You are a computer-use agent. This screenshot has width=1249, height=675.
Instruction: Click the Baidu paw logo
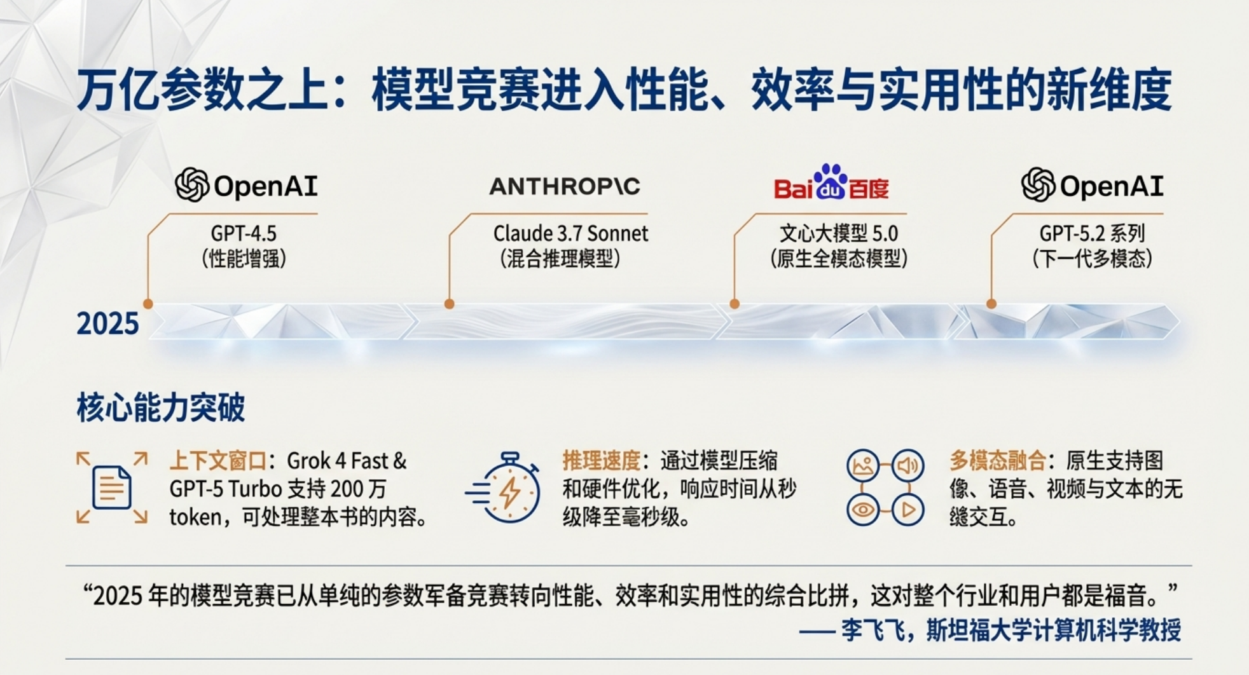(831, 182)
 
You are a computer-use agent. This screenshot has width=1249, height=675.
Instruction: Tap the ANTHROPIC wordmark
(565, 186)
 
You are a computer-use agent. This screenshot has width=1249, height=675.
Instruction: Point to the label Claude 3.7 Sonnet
(570, 234)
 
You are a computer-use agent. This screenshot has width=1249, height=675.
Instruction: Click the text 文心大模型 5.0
(839, 234)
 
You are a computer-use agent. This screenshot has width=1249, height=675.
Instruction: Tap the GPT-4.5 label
(244, 234)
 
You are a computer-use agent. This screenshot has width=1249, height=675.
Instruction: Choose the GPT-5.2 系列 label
(1092, 234)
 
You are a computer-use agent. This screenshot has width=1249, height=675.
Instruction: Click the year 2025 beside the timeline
(107, 324)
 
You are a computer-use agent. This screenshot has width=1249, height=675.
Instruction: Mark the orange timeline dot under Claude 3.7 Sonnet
(450, 304)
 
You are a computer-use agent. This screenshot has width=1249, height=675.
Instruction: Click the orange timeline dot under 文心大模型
(735, 304)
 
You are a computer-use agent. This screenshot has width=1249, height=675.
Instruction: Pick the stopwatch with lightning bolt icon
(504, 487)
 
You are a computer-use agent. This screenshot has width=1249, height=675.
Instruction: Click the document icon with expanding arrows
(112, 488)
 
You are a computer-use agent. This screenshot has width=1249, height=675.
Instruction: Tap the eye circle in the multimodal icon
(863, 510)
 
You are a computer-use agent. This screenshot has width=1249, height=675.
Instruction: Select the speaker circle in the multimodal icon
(907, 466)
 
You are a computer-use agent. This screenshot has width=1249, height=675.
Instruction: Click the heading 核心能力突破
(160, 408)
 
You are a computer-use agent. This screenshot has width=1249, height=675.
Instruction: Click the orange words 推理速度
(601, 460)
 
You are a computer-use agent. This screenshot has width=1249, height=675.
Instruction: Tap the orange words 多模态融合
(998, 460)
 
